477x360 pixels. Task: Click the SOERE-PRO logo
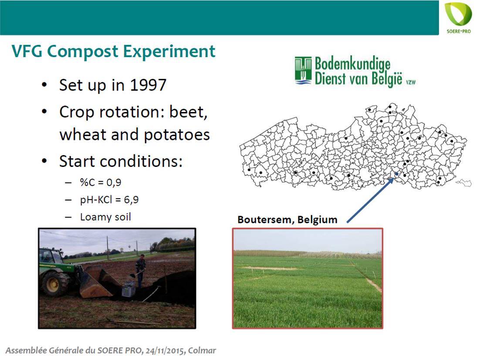point(458,18)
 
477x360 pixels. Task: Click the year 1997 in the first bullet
point(148,85)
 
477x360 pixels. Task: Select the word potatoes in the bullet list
point(177,135)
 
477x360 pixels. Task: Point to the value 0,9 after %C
point(114,182)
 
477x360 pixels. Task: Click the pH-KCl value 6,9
point(131,200)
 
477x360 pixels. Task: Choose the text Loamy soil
point(105,217)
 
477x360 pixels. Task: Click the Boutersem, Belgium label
point(287,220)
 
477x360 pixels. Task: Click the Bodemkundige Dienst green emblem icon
point(303,70)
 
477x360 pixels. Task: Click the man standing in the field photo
point(140,270)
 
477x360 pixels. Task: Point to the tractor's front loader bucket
point(97,282)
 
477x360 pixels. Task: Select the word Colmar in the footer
point(202,350)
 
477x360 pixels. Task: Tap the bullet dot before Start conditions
point(44,161)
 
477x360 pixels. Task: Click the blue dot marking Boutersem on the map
point(396,174)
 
